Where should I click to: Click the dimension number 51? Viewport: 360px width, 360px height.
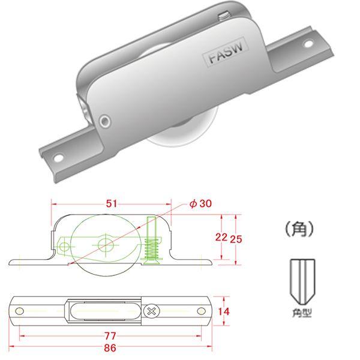[112, 204]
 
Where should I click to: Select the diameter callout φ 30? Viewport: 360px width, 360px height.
[200, 204]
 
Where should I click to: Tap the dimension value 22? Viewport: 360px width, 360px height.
[221, 238]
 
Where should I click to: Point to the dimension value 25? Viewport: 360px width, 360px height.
[237, 238]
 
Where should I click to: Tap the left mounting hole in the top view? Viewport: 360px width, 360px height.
[20, 311]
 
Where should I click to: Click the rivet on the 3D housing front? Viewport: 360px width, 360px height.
[106, 122]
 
